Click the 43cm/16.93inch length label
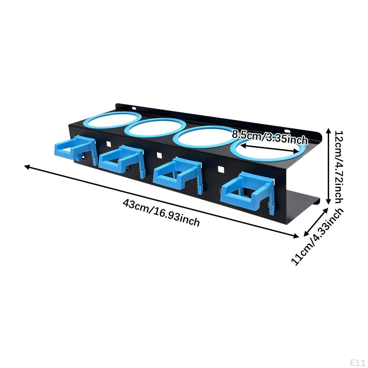pyautogui.click(x=161, y=213)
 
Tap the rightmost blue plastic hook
pyautogui.click(x=247, y=193)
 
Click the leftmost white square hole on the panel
pyautogui.click(x=109, y=144)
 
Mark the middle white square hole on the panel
pyautogui.click(x=159, y=155)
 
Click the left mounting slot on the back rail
pyautogui.click(x=134, y=108)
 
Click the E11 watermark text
pyautogui.click(x=358, y=362)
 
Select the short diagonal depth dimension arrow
pyautogui.click(x=316, y=222)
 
